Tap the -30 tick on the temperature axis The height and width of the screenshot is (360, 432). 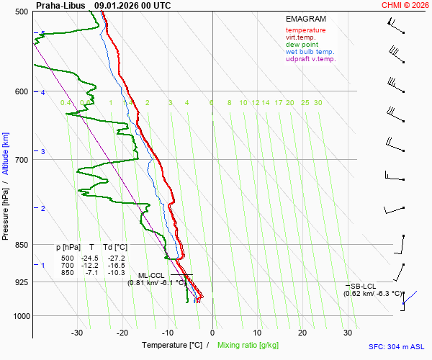(x=77, y=333)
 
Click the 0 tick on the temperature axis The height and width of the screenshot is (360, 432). (x=212, y=333)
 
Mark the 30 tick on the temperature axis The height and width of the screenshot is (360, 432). (x=348, y=333)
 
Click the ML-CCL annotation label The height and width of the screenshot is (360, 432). (x=152, y=275)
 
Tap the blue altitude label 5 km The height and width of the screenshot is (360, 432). (x=43, y=34)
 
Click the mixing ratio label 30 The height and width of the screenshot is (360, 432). (x=318, y=103)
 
